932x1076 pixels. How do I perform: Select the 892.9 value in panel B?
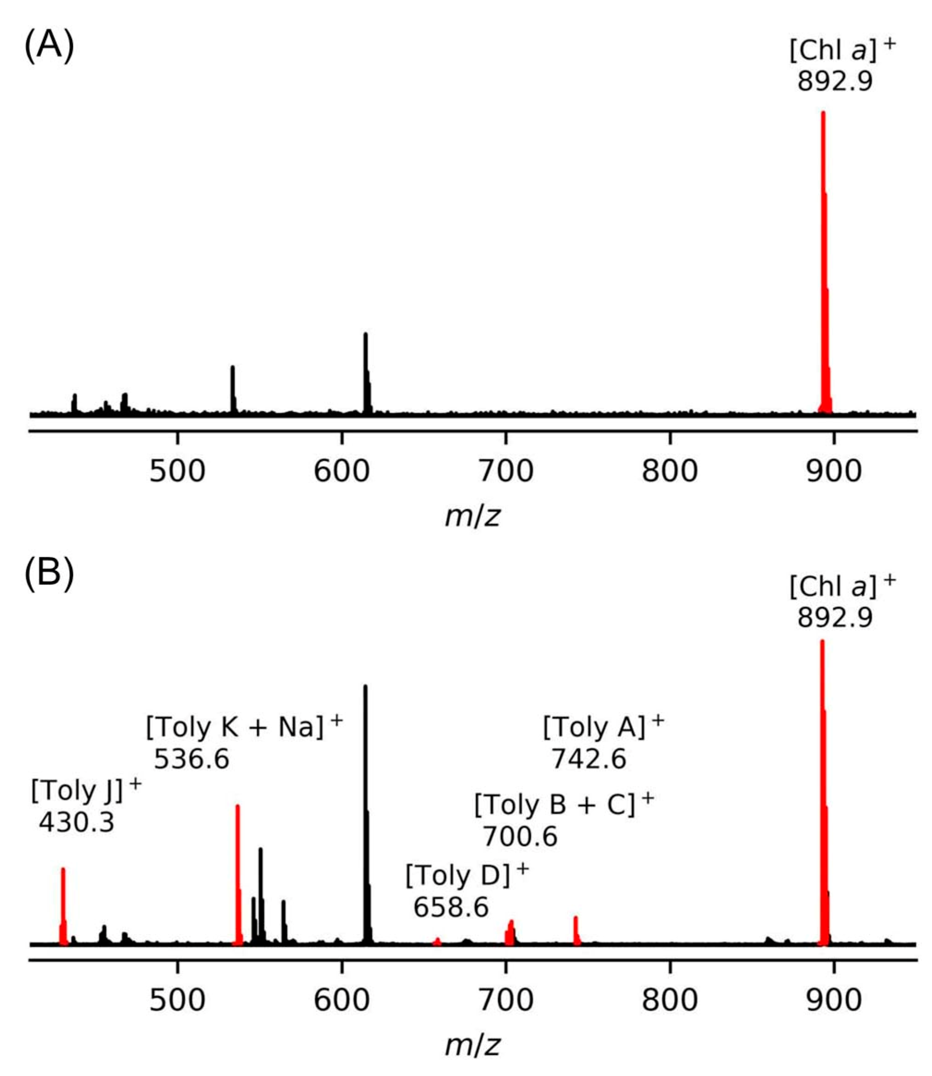click(835, 618)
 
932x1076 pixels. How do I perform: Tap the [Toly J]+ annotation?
click(86, 792)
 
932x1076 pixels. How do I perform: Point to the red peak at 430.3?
click(63, 905)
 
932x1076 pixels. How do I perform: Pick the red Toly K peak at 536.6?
click(238, 874)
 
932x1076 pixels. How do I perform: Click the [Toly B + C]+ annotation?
click(564, 805)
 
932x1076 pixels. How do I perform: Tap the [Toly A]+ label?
click(603, 727)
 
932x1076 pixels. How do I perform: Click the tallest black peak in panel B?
click(366, 806)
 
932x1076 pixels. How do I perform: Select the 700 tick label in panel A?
click(505, 472)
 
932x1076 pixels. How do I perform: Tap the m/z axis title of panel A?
click(472, 516)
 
